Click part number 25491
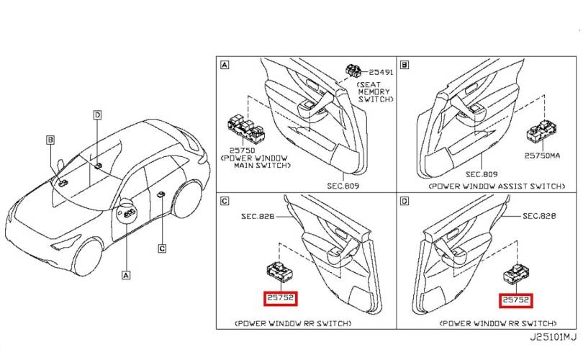(x=383, y=73)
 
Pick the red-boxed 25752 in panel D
(x=517, y=299)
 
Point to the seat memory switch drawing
(x=354, y=71)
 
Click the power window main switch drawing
(x=245, y=129)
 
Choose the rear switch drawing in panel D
(x=516, y=275)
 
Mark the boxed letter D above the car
(x=97, y=114)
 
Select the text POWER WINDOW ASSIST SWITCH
(x=495, y=186)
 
